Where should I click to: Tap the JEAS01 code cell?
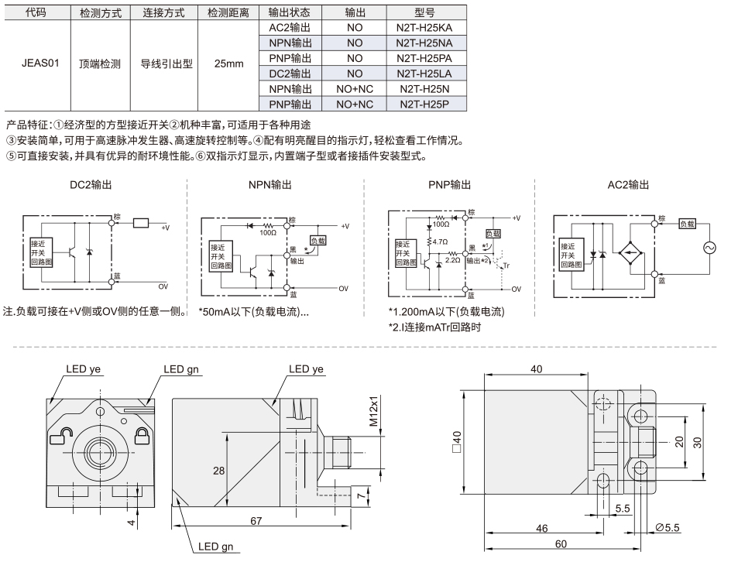(x=40, y=63)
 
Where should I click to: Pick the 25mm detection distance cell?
(x=228, y=63)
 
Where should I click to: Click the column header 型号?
(x=424, y=12)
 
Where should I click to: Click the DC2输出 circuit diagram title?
(x=91, y=185)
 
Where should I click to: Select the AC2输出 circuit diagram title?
(x=628, y=185)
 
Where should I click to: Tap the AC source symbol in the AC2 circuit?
(x=709, y=248)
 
